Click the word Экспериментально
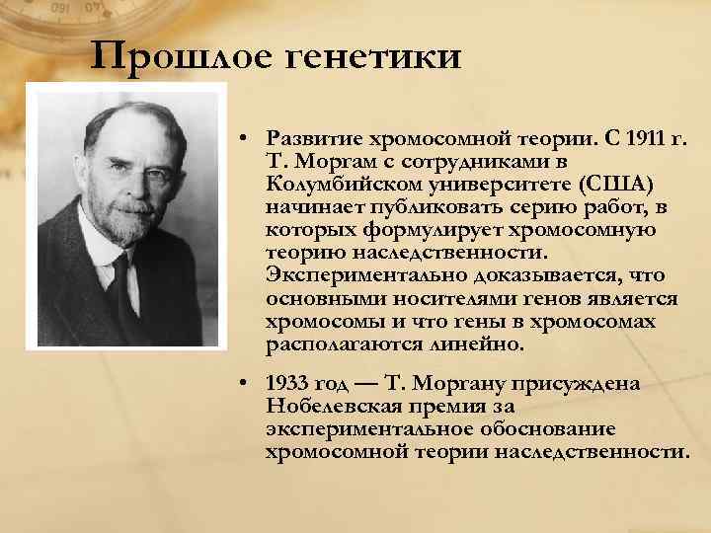(366, 277)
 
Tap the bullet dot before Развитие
(244, 140)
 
